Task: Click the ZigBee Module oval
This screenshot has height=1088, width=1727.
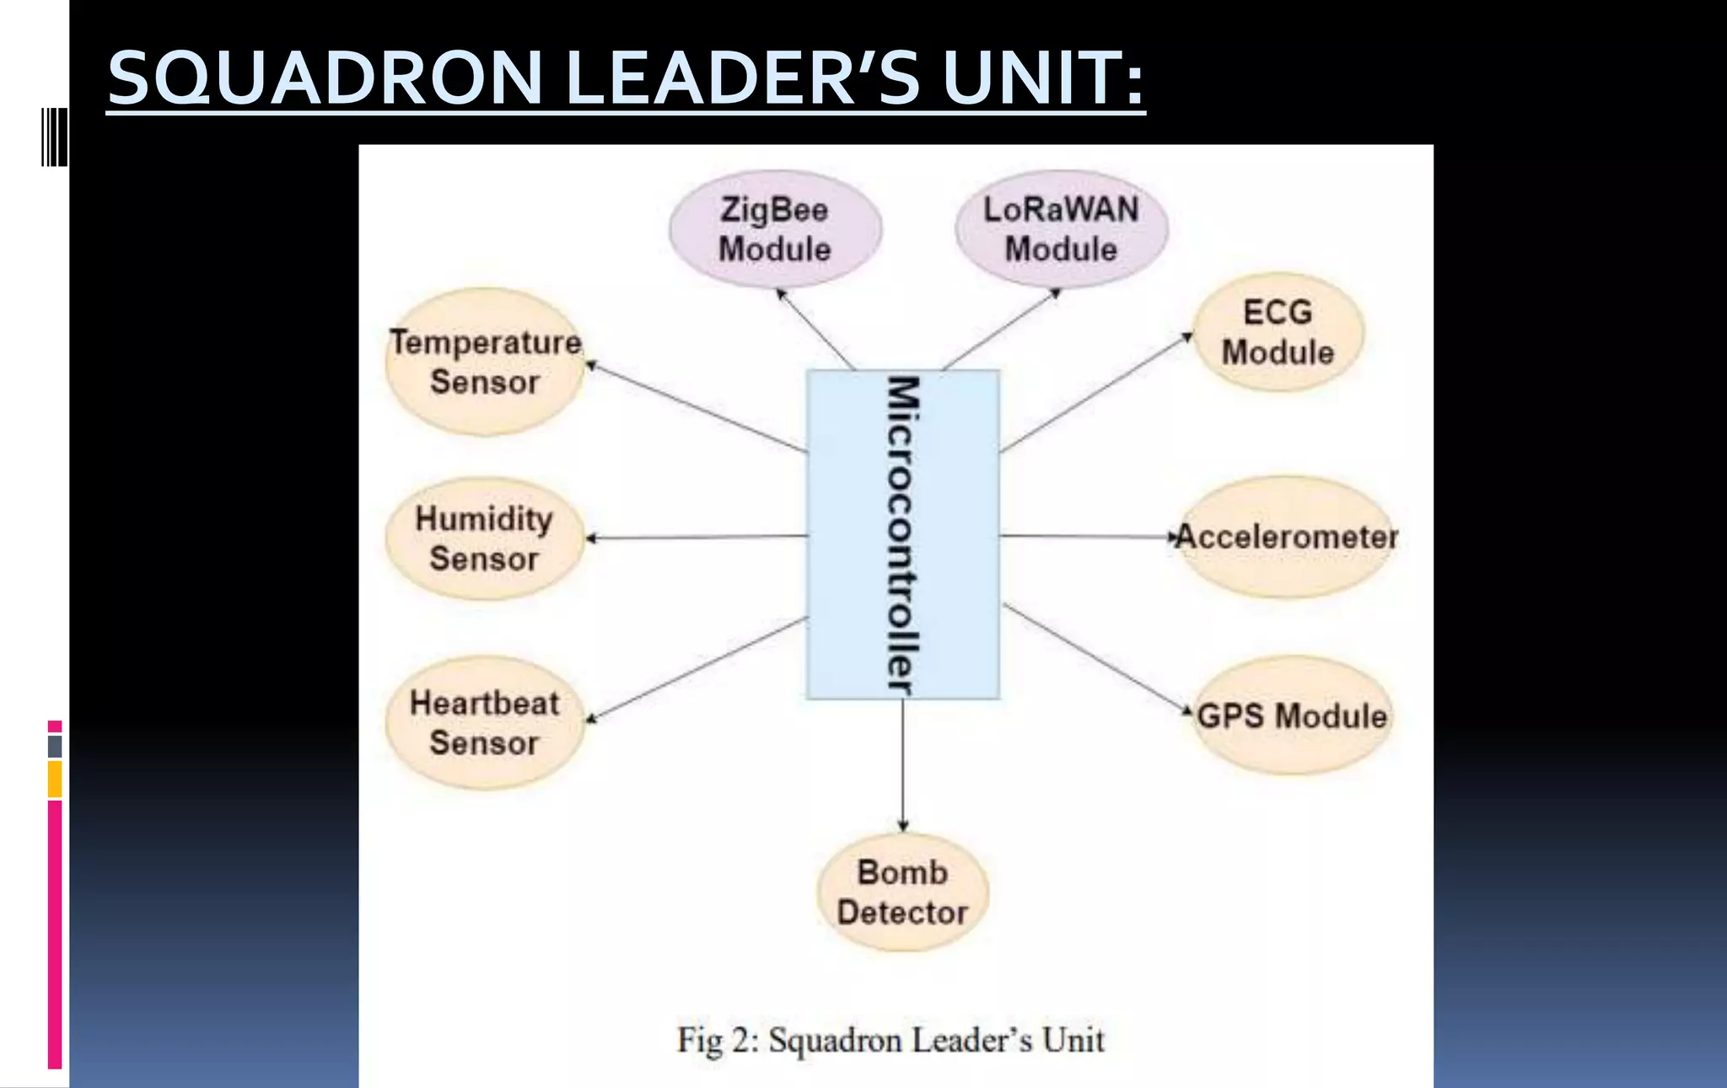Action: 775,229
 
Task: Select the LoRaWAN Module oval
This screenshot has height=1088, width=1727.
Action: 1061,229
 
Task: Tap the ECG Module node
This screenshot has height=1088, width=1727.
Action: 1278,332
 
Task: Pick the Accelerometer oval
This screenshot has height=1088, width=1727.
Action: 1287,537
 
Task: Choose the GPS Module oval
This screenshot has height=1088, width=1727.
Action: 1292,716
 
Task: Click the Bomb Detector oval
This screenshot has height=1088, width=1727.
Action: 902,892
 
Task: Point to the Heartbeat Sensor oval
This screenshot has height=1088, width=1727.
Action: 484,723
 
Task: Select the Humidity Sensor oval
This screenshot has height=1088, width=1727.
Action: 484,539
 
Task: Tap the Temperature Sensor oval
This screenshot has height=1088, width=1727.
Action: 484,362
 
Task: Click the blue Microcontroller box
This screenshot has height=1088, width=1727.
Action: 902,534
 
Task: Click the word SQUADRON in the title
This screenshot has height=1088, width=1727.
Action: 325,78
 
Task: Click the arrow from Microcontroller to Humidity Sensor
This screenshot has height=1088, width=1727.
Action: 697,537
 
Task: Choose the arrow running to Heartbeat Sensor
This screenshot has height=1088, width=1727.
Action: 697,669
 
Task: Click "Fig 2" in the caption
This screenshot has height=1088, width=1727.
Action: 712,1040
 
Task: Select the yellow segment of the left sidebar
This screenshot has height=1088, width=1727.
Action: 55,779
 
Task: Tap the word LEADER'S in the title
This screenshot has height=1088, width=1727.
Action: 742,78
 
